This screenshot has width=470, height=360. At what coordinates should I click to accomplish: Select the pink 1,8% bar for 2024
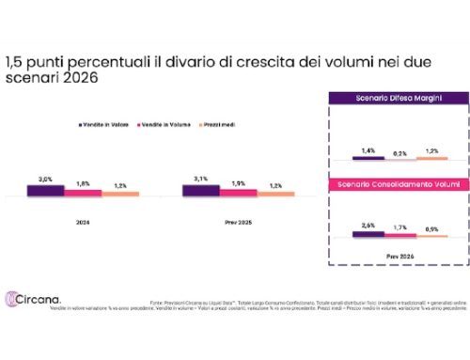click(83, 193)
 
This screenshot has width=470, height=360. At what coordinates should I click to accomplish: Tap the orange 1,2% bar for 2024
click(120, 194)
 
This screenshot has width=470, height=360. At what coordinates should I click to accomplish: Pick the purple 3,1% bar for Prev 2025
click(199, 191)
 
